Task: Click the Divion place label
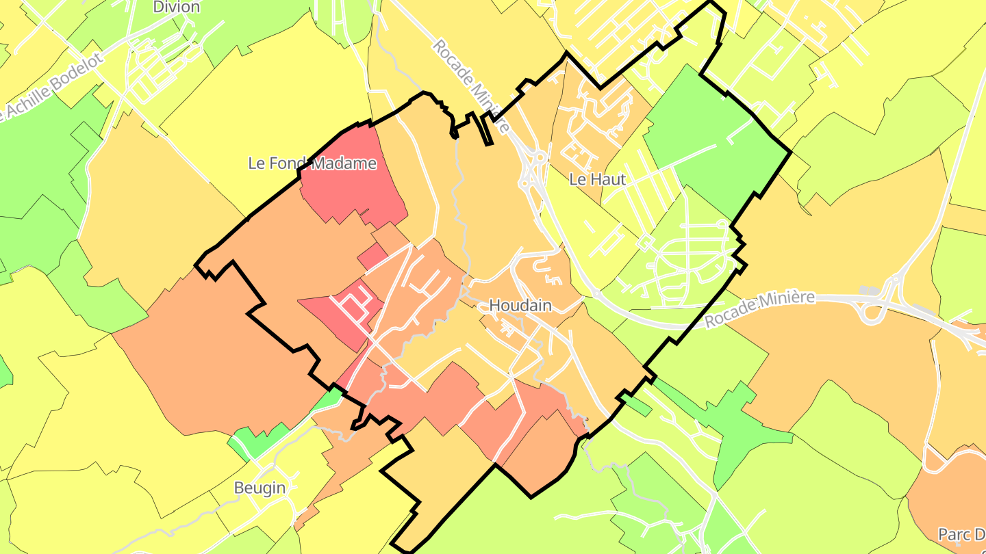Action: click(x=177, y=8)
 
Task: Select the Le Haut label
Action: click(x=598, y=179)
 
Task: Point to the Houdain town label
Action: click(x=520, y=305)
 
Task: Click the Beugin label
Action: click(x=260, y=488)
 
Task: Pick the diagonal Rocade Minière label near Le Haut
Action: click(x=470, y=85)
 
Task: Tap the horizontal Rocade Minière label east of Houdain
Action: click(x=760, y=309)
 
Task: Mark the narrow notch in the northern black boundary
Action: click(x=487, y=130)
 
